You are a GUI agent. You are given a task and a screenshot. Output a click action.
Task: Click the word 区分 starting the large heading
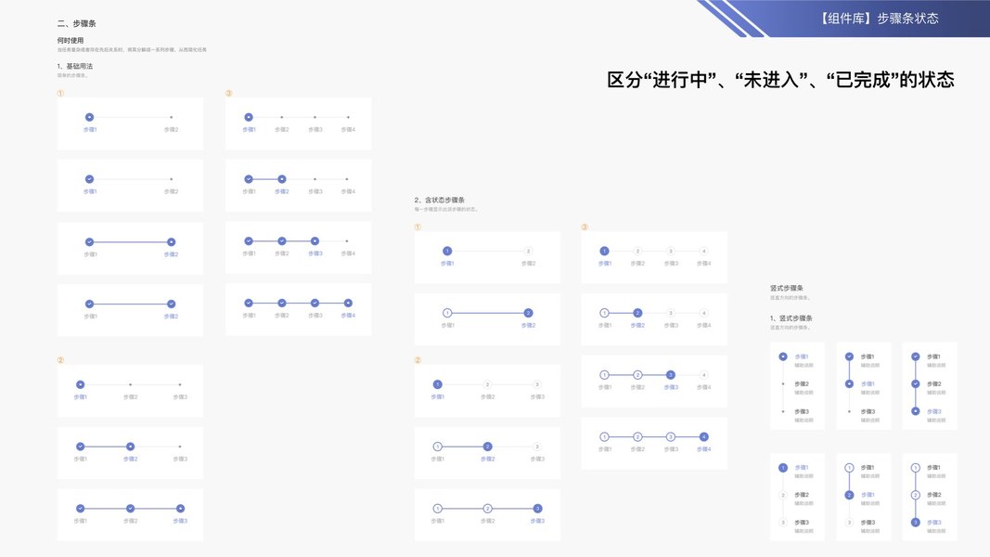click(623, 80)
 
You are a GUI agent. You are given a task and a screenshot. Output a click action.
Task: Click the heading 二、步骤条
click(76, 22)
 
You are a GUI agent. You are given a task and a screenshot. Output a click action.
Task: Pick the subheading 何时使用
click(71, 40)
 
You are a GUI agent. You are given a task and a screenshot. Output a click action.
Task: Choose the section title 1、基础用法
click(75, 66)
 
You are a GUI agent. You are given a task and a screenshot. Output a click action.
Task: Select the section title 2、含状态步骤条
click(440, 200)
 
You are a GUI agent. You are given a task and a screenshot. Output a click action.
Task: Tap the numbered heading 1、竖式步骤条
click(791, 318)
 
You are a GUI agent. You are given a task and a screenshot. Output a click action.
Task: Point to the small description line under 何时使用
click(132, 49)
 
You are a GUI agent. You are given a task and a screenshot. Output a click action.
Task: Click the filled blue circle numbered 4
click(703, 436)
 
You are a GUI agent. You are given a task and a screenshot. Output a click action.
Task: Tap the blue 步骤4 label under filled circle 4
click(703, 449)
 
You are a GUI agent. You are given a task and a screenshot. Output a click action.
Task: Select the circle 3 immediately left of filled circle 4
click(670, 436)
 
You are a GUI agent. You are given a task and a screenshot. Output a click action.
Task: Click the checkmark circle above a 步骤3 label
click(315, 303)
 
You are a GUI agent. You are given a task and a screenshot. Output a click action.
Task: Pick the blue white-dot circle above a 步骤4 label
click(348, 303)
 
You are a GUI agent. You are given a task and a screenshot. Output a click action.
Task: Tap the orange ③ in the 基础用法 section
click(229, 93)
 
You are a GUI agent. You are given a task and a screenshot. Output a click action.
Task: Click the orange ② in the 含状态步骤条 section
click(418, 360)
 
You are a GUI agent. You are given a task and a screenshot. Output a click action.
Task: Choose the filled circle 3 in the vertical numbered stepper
click(916, 523)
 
